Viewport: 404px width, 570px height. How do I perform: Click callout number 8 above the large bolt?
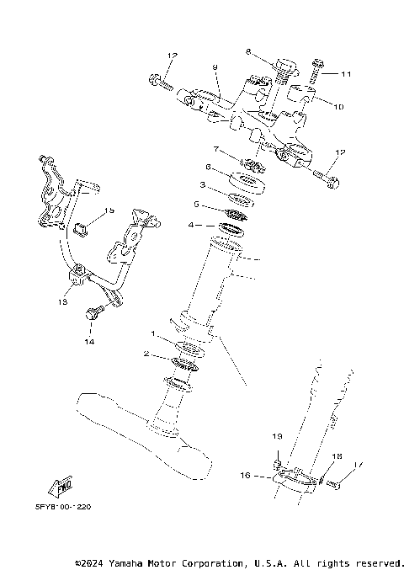pos(248,52)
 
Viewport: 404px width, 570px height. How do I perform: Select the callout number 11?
pos(345,75)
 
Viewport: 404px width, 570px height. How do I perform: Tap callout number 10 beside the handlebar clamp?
pos(339,108)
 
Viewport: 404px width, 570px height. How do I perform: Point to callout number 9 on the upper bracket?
pos(215,67)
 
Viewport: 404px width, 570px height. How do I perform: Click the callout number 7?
pos(217,149)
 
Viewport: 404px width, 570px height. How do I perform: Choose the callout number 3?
pos(202,184)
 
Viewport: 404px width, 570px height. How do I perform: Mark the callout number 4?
pos(191,225)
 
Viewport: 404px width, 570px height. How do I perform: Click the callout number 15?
pos(109,210)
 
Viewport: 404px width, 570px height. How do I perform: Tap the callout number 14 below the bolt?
pos(88,342)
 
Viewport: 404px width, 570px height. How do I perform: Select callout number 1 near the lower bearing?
pos(153,334)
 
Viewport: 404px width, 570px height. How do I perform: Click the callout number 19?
pos(275,437)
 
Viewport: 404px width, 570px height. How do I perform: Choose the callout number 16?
pos(246,476)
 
